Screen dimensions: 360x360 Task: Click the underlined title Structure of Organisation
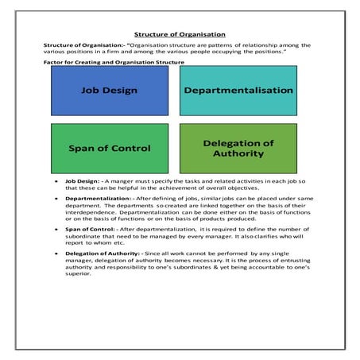[180, 34]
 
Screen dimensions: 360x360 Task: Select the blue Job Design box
[110, 91]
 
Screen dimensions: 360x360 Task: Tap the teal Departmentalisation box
[238, 91]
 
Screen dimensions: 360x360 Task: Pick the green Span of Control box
[110, 149]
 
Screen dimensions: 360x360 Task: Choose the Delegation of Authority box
[238, 149]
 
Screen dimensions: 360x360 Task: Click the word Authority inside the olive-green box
[238, 155]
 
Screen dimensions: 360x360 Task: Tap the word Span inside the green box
[83, 149]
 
